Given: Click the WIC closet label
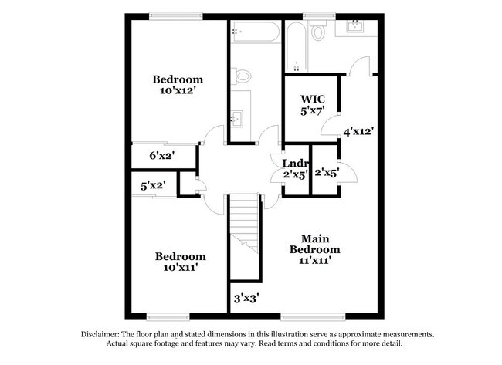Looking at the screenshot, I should point(312,99).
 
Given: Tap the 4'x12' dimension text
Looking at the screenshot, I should point(359,131).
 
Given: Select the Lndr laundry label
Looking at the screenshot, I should point(295,164).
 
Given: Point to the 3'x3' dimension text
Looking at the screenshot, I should point(246,296).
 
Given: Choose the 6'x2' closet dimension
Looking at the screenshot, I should point(161,156).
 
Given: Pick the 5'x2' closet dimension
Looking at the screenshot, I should point(153,186).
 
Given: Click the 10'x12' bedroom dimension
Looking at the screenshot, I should point(177,90).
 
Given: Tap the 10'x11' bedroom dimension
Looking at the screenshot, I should point(180,268).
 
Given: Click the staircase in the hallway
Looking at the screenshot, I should point(246,224).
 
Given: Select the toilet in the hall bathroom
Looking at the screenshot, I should point(243,76).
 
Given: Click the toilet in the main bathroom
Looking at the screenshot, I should point(317,32).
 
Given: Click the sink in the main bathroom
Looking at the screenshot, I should point(356,28).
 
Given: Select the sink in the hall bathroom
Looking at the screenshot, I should point(237,119).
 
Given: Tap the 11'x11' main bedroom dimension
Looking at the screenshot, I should point(314,261).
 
